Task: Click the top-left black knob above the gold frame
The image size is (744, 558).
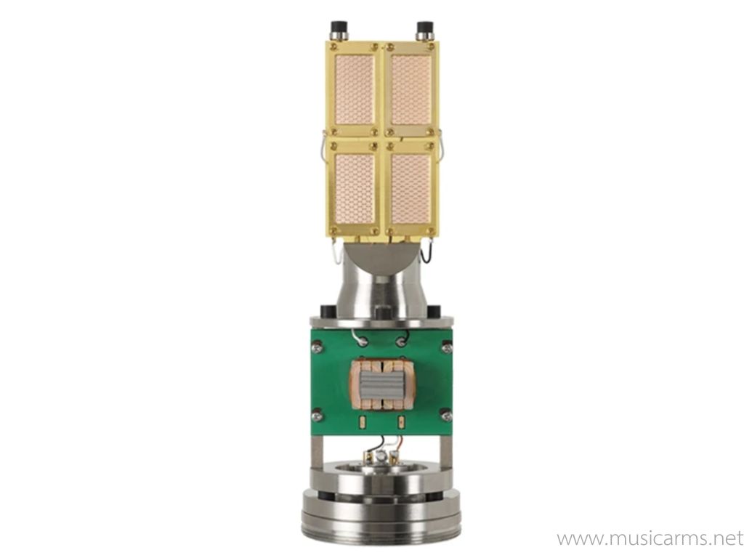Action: click(x=339, y=31)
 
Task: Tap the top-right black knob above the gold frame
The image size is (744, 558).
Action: click(x=424, y=31)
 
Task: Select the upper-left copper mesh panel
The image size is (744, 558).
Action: click(x=355, y=91)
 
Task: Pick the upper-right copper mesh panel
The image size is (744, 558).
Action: click(x=411, y=91)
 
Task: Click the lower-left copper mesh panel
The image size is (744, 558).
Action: click(x=355, y=188)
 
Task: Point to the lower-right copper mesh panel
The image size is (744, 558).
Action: click(x=411, y=188)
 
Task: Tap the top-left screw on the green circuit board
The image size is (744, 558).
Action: click(x=318, y=348)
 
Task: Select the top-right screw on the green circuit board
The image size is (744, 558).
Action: click(x=446, y=348)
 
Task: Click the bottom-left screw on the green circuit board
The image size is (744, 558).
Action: click(x=317, y=416)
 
